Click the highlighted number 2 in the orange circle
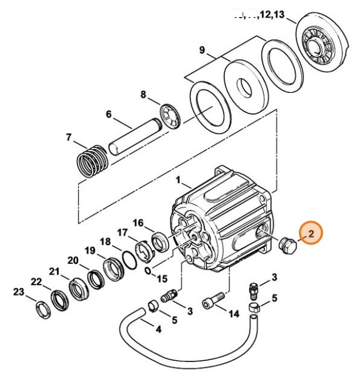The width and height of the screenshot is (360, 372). pyautogui.click(x=312, y=234)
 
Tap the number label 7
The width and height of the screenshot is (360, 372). pyautogui.click(x=69, y=138)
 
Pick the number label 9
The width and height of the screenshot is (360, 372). pyautogui.click(x=201, y=51)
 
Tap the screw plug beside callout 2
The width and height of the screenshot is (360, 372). pyautogui.click(x=287, y=245)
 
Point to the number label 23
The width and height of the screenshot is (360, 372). pyautogui.click(x=19, y=292)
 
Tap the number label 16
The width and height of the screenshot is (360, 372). pyautogui.click(x=138, y=222)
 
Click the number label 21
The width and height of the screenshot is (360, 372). pyautogui.click(x=54, y=271)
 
